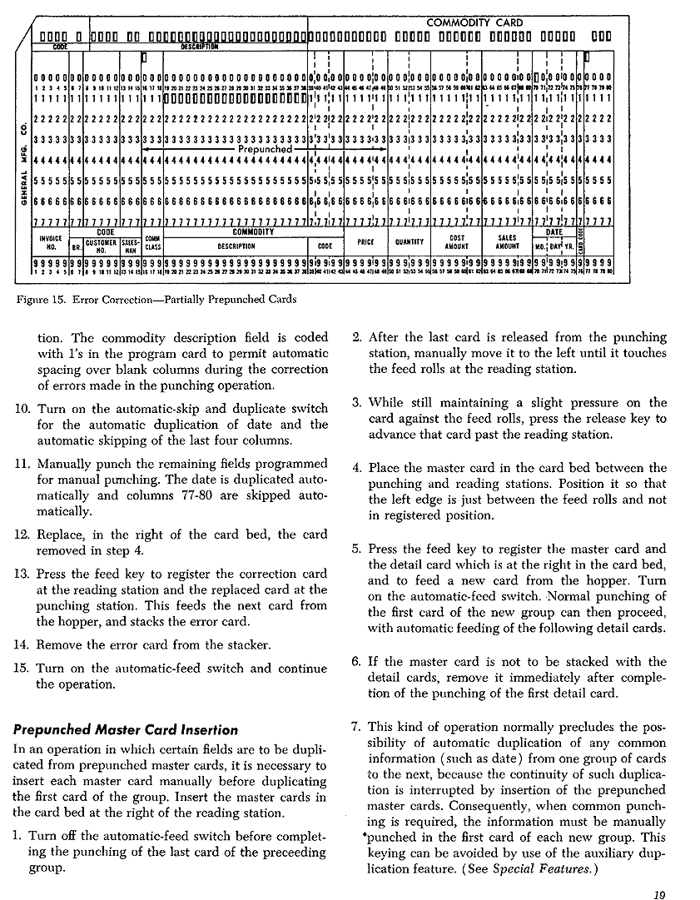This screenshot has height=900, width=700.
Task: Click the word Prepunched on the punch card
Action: pyautogui.click(x=265, y=149)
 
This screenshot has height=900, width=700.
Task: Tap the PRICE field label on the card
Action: pyautogui.click(x=365, y=242)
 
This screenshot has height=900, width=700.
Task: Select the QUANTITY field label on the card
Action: pyautogui.click(x=410, y=242)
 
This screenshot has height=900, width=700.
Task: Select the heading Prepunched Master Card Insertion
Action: pyautogui.click(x=126, y=730)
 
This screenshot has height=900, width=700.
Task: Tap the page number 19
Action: pyautogui.click(x=660, y=895)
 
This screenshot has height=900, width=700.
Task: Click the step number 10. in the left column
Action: pyautogui.click(x=23, y=408)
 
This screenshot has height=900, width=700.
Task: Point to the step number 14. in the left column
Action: pyautogui.click(x=23, y=644)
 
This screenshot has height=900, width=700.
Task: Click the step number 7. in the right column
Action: pyautogui.click(x=356, y=726)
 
